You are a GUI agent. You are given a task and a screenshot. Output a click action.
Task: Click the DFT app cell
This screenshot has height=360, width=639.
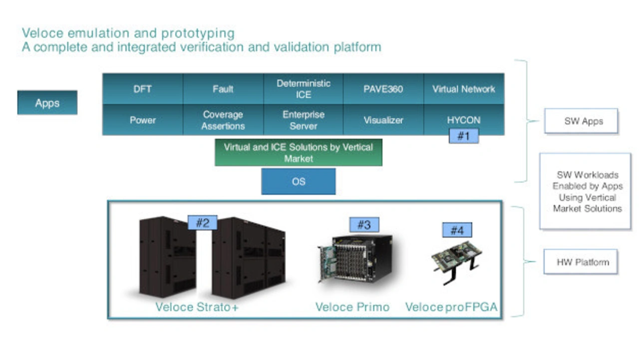pos(143,89)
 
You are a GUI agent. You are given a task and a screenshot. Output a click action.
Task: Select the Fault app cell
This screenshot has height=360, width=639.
pos(223,89)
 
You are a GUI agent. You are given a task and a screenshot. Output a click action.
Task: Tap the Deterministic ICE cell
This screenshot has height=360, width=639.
pos(304,89)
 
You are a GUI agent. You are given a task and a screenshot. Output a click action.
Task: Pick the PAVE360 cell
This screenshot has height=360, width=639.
pos(383,89)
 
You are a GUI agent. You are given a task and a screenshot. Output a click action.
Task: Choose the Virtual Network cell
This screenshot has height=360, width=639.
pos(464,89)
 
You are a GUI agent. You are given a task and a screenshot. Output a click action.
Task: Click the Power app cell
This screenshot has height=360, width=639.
pos(143,120)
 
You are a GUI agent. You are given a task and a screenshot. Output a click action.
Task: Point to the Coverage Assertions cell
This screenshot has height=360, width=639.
pos(223,120)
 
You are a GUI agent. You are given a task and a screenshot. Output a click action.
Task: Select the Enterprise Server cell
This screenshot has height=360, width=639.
pos(304,120)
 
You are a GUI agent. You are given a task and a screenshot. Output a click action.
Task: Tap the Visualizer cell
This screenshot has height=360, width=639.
pos(383,120)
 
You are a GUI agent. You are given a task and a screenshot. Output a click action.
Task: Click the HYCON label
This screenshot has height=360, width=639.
pos(464,120)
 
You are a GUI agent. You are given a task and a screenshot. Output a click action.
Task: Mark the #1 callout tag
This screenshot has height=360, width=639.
pos(464,136)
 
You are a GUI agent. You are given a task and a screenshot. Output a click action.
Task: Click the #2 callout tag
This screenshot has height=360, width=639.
pos(202,222)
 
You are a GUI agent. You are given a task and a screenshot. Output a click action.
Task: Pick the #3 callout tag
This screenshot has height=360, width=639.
pos(364,225)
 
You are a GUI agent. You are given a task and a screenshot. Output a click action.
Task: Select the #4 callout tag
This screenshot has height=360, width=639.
pos(457,230)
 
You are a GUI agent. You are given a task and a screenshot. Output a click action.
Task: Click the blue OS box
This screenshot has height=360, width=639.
pos(299,181)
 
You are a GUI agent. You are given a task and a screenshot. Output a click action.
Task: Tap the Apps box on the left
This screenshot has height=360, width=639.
pos(47,103)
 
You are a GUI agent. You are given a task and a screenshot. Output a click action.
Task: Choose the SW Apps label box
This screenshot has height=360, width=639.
pos(581,121)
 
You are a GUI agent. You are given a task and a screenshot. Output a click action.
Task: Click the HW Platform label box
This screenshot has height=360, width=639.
pos(580,262)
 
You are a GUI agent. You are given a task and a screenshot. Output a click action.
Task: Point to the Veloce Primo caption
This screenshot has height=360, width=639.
pos(352,307)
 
